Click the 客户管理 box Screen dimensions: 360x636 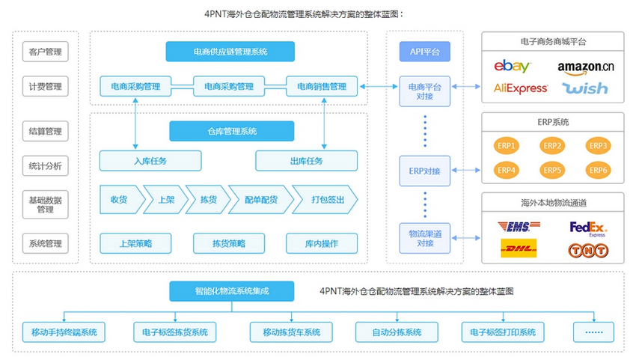pyautogui.click(x=45, y=52)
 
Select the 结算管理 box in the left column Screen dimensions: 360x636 pyautogui.click(x=45, y=131)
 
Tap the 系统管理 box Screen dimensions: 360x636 pyautogui.click(x=45, y=243)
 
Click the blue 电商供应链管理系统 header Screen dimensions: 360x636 pyautogui.click(x=230, y=52)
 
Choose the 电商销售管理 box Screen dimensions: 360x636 pyautogui.click(x=322, y=86)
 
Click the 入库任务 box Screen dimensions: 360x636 pyautogui.click(x=150, y=161)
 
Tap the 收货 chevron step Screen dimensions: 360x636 pyautogui.click(x=118, y=200)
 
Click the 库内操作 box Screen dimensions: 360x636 pyautogui.click(x=322, y=243)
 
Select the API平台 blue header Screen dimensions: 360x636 pyautogui.click(x=425, y=52)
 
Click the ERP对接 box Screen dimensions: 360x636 pyautogui.click(x=425, y=171)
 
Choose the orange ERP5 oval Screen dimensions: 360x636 pyautogui.click(x=553, y=170)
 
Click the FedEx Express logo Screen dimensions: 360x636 pyautogui.click(x=588, y=228)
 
